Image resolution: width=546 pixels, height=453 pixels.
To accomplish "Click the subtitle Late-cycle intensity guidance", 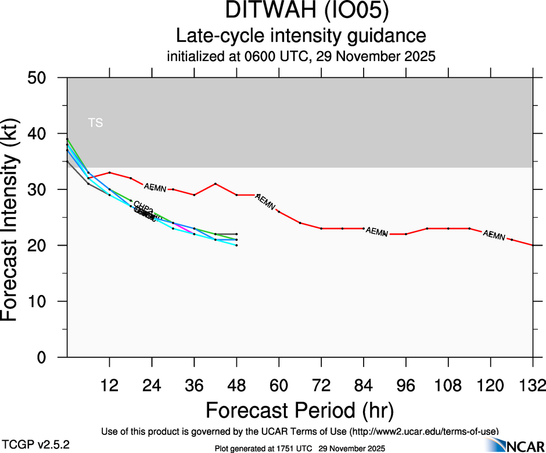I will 301,36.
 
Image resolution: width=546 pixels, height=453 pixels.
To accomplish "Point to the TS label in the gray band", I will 95,123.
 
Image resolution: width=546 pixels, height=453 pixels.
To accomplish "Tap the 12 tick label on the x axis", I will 109,386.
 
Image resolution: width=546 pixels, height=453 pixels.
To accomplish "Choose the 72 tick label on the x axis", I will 321,386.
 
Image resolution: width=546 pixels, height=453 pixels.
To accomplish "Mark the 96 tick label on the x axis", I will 406,386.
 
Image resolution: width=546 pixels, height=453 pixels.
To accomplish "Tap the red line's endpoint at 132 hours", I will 533,245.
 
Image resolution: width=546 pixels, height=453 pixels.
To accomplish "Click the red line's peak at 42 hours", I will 215,184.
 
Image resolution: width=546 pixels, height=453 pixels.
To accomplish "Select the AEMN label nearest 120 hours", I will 494,235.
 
